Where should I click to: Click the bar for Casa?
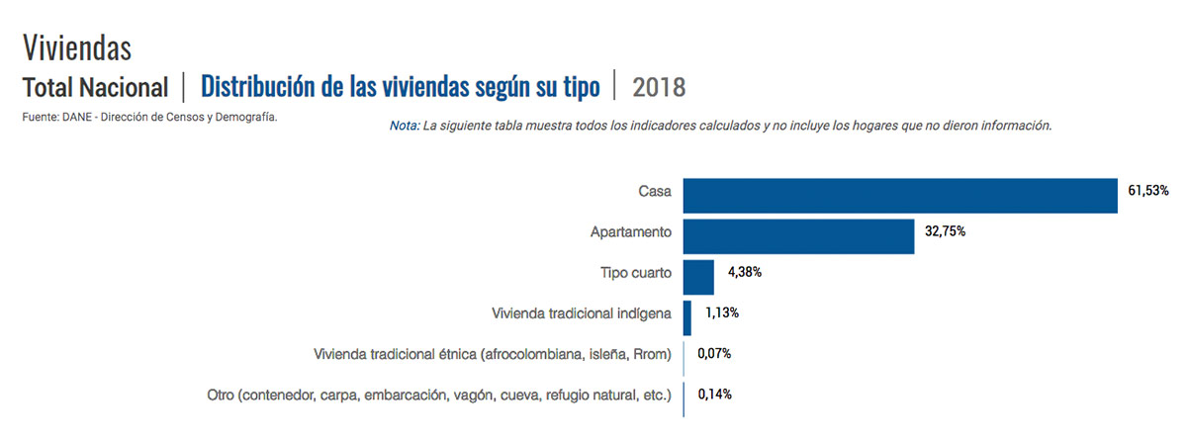(x=900, y=196)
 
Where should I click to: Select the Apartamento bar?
(x=798, y=236)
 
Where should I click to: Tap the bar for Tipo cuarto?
(x=698, y=277)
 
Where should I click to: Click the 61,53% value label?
(x=1147, y=190)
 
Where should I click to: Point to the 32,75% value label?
(x=945, y=231)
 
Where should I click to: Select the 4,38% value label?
(x=745, y=272)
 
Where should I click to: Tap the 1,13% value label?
(x=722, y=312)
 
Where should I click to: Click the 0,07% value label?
(x=714, y=353)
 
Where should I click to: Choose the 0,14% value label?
(x=714, y=394)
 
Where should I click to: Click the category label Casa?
(x=655, y=192)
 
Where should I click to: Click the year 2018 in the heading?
(x=659, y=87)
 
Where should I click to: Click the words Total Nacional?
(x=95, y=87)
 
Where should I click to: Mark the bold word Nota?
(x=405, y=126)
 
